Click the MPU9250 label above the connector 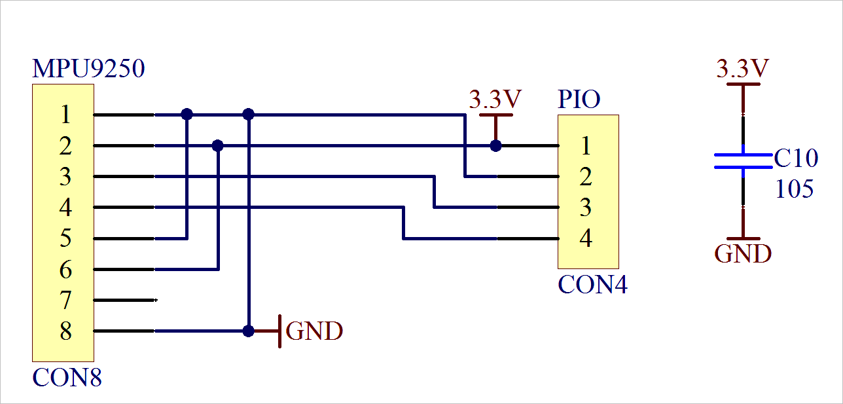[x=88, y=69]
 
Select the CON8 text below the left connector [x=67, y=378]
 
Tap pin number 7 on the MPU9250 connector [x=65, y=301]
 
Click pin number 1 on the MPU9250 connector [x=65, y=115]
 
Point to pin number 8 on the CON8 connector [x=65, y=332]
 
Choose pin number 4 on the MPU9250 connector [x=65, y=208]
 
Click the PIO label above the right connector [x=579, y=100]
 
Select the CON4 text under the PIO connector [x=592, y=285]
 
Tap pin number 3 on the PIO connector [x=586, y=208]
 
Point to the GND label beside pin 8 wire [x=314, y=331]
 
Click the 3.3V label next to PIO [x=495, y=100]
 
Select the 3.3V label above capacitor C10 [x=743, y=68]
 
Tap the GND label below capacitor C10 [x=743, y=253]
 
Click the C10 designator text [x=796, y=158]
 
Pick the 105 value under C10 [x=795, y=189]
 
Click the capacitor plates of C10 [x=743, y=161]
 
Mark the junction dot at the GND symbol [x=248, y=331]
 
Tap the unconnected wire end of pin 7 [x=155, y=301]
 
